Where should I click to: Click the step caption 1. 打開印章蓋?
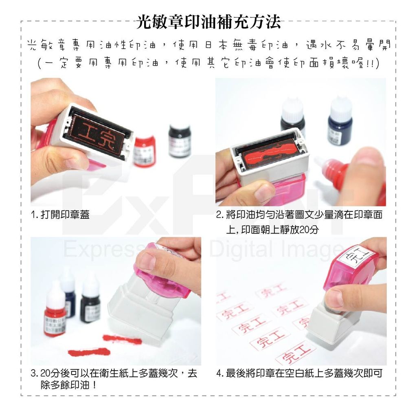tap(60, 215)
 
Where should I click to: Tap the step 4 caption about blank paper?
tap(300, 373)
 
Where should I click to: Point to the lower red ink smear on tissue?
tap(89, 352)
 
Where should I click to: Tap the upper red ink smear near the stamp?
tap(122, 339)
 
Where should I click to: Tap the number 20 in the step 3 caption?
tap(45, 373)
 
